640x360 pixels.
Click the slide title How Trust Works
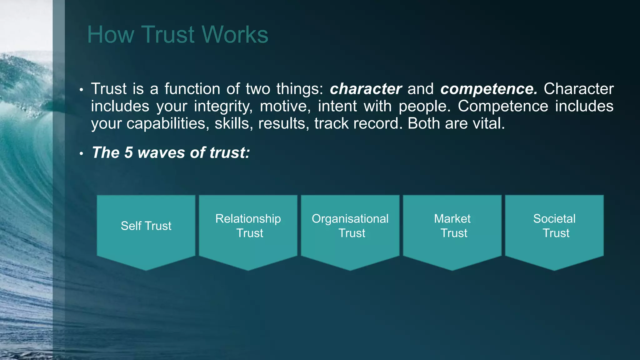177,34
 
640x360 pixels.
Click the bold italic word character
366,89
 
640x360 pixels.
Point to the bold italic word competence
489,89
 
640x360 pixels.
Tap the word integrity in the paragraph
223,107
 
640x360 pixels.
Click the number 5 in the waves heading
128,153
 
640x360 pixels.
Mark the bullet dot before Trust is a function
81,90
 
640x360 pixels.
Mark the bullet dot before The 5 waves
81,154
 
